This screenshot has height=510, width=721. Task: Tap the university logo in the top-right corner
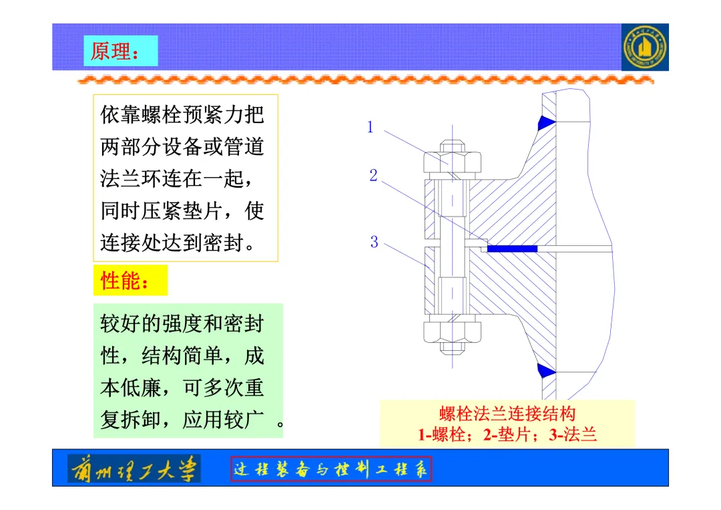(x=644, y=47)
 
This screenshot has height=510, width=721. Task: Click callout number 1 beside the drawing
(x=371, y=127)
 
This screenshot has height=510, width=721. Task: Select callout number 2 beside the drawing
(x=374, y=176)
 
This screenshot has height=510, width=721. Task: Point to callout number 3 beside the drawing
(x=374, y=242)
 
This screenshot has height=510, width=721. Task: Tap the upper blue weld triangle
(x=547, y=122)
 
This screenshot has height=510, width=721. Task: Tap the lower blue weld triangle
(x=547, y=369)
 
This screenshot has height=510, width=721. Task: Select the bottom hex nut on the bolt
(x=452, y=331)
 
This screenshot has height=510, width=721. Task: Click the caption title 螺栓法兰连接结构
(x=507, y=414)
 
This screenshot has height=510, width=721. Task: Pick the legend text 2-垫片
(x=512, y=435)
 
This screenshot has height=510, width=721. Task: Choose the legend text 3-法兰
(x=573, y=435)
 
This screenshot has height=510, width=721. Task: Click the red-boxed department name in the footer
(x=331, y=469)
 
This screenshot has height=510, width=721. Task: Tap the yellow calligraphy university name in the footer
(x=134, y=469)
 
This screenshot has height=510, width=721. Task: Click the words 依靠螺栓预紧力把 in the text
(x=182, y=115)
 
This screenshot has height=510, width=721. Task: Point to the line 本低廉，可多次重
(x=182, y=388)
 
